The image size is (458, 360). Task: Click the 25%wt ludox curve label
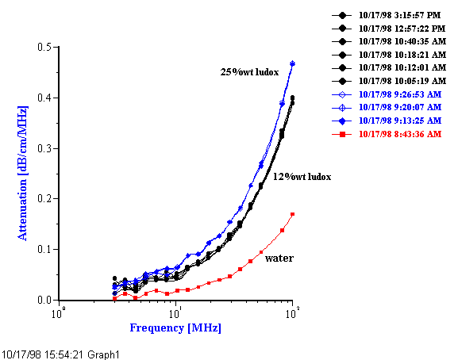249,72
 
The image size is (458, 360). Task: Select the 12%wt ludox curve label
302,176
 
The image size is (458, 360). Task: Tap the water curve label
279,258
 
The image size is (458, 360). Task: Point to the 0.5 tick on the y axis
44,48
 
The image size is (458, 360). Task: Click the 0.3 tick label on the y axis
44,148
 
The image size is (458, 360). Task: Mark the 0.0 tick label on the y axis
44,301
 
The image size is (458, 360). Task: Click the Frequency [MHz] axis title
175,327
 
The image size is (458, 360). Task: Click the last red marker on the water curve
293,214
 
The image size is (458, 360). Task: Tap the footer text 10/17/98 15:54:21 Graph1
60,354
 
